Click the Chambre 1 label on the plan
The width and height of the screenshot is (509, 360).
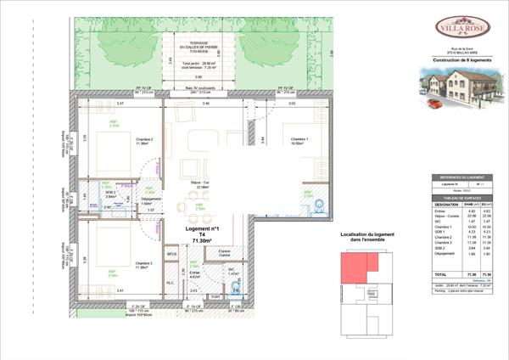(294, 140)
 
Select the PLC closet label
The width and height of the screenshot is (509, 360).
(171, 282)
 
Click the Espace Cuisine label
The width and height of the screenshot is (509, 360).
(225, 253)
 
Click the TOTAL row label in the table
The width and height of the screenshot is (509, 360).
(439, 274)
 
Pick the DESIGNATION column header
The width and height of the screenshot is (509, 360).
(446, 204)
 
